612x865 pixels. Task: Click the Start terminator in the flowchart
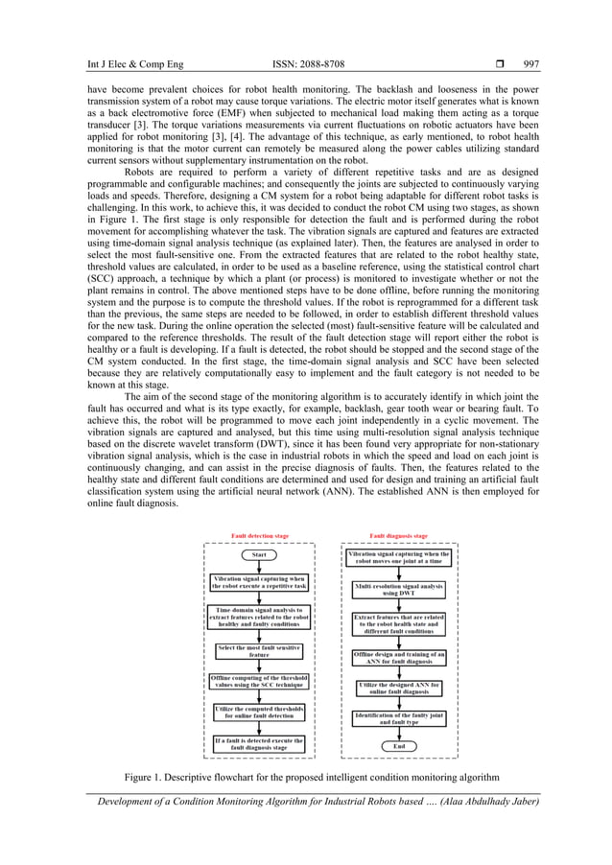click(259, 554)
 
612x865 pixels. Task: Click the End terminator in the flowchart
click(398, 745)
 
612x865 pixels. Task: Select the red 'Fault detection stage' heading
click(259, 536)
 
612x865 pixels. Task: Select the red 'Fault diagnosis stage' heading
click(398, 536)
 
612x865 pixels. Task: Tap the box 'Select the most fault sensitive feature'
click(259, 650)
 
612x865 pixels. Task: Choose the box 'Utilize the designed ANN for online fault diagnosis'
click(398, 688)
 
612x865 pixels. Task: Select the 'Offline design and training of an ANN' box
click(398, 657)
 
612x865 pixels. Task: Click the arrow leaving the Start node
click(259, 567)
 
